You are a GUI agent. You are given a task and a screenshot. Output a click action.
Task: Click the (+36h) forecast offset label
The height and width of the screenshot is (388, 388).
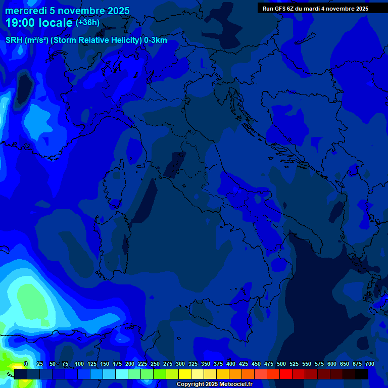tap(87, 23)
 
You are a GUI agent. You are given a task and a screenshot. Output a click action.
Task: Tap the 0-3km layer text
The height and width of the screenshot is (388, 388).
tap(155, 40)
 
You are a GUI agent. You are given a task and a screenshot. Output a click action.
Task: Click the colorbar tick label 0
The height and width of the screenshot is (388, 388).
tap(26, 364)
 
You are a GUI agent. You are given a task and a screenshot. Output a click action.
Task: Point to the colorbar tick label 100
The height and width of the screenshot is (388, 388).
tap(79, 364)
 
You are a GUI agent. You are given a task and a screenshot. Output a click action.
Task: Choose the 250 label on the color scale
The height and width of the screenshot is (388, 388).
tap(155, 364)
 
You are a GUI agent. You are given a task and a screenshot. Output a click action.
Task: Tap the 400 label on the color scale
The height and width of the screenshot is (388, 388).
tap(231, 364)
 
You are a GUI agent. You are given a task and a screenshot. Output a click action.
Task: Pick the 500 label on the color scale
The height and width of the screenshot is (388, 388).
tap(281, 364)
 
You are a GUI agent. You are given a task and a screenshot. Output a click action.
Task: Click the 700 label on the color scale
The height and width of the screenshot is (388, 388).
tap(369, 364)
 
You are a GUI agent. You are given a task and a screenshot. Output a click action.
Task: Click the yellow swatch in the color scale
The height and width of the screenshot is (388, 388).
tap(185, 374)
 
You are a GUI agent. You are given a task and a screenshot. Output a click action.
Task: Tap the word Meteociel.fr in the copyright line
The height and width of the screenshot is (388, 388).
tap(233, 384)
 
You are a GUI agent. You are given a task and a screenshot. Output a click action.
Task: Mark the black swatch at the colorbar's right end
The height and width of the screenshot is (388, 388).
tap(362, 374)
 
